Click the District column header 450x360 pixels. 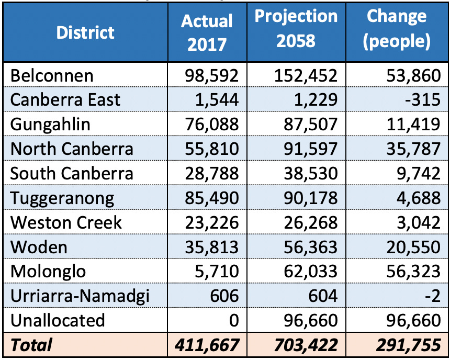pyautogui.click(x=85, y=32)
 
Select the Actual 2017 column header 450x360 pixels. pyautogui.click(x=207, y=32)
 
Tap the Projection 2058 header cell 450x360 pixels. pyautogui.click(x=296, y=28)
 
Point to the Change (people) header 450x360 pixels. pyautogui.click(x=397, y=28)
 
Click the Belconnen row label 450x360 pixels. pyautogui.click(x=52, y=75)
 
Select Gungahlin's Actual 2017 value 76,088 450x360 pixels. pyautogui.click(x=211, y=125)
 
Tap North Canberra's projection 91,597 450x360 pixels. pyautogui.click(x=306, y=149)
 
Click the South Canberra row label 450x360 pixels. pyautogui.click(x=72, y=173)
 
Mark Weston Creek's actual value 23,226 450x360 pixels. pyautogui.click(x=211, y=222)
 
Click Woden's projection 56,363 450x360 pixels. pyautogui.click(x=306, y=247)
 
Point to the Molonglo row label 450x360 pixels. pyautogui.click(x=48, y=271)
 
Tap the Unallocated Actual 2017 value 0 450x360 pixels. pyautogui.click(x=233, y=320)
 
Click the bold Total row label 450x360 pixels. pyautogui.click(x=31, y=345)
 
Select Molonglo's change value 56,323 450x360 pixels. pyautogui.click(x=413, y=271)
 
